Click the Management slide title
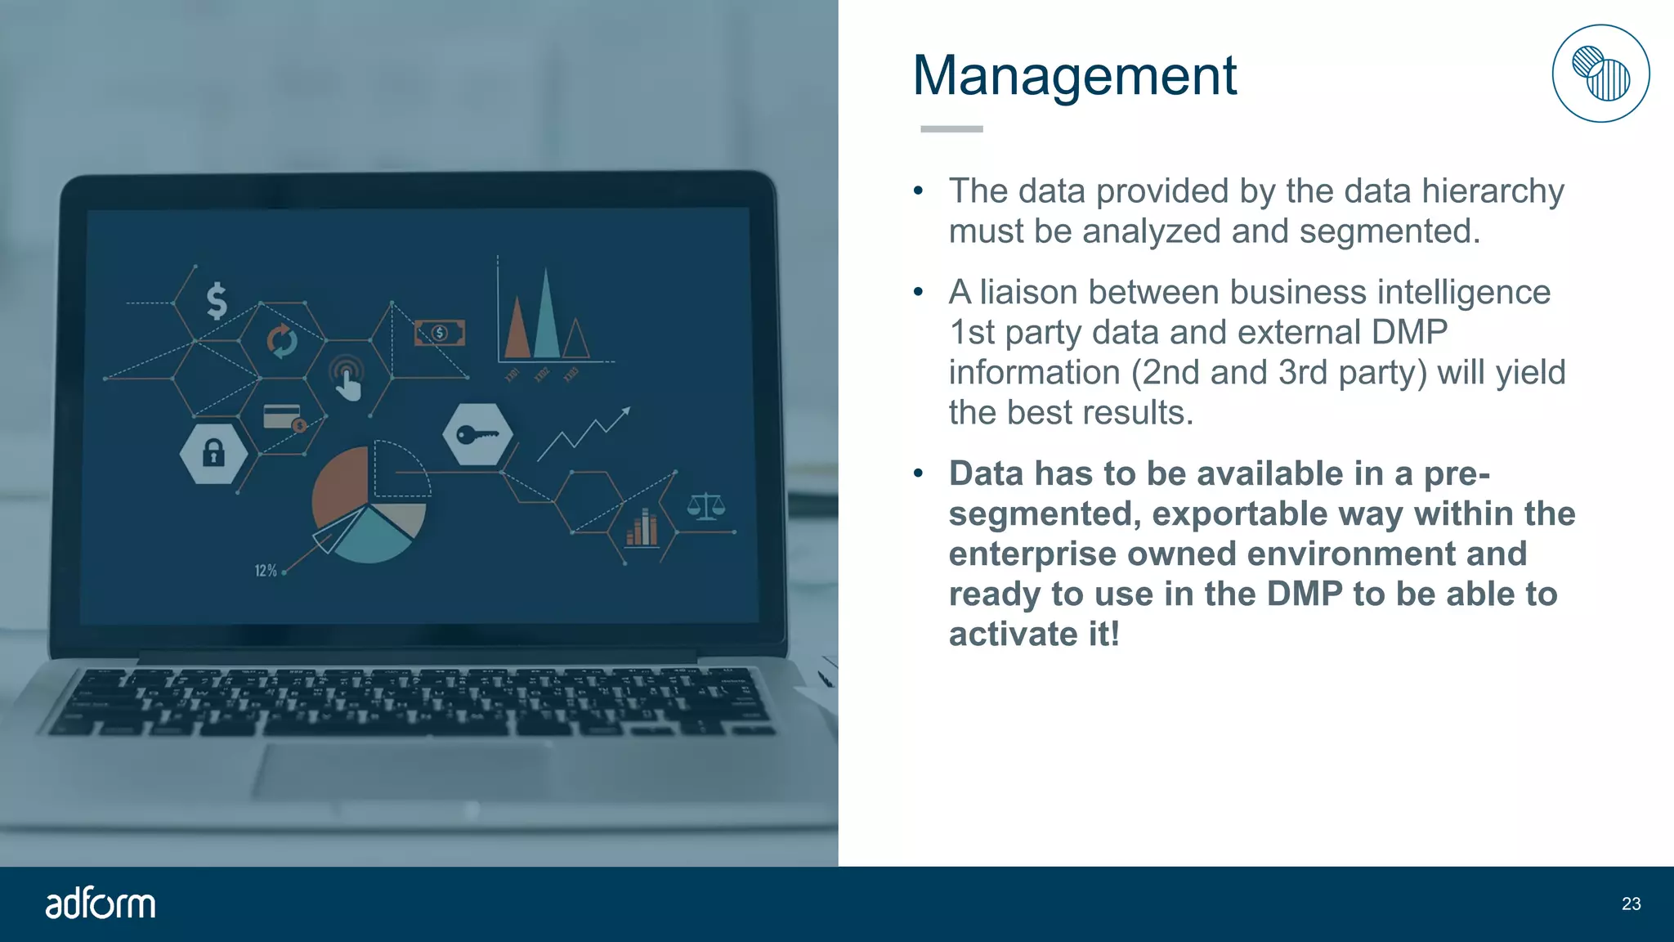point(1074,75)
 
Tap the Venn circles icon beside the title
point(1600,74)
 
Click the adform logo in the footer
point(100,904)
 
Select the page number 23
point(1631,904)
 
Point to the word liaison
point(1027,293)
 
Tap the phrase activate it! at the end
point(1034,635)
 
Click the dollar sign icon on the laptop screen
point(217,301)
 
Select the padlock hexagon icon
point(213,452)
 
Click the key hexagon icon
point(477,435)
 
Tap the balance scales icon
point(705,507)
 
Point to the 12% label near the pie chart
point(266,571)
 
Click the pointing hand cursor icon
point(348,379)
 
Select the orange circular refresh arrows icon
point(282,341)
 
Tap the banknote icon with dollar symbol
point(440,333)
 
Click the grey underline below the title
point(951,129)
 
